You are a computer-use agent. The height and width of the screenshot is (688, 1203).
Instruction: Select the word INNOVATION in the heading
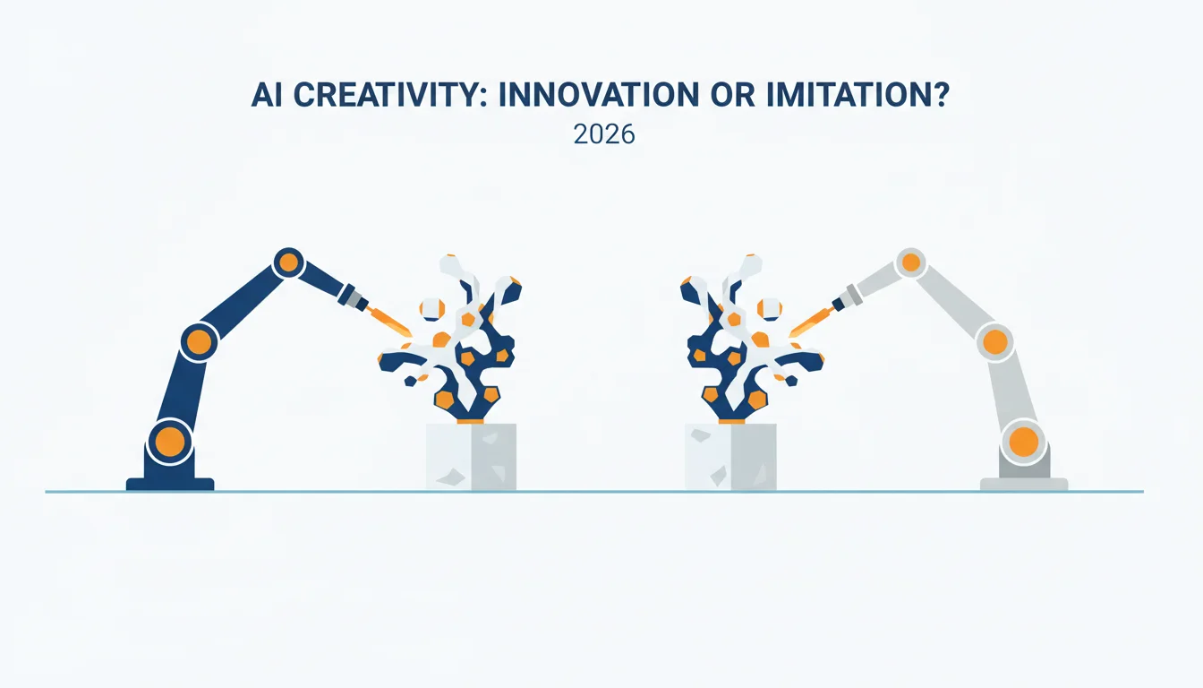coord(599,95)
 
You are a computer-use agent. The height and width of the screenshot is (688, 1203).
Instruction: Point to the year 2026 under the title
coord(604,134)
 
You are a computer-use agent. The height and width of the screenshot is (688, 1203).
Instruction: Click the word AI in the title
coord(267,95)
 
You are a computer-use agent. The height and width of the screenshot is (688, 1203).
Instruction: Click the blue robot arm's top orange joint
coord(289,262)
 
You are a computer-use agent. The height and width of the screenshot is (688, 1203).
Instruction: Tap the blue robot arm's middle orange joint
coord(199,341)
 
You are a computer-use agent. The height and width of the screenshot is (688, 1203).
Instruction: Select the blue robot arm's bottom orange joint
coord(170,441)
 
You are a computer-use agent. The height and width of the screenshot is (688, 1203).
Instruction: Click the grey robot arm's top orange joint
coord(911,262)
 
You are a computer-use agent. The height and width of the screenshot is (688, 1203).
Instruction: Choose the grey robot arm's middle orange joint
coord(994,341)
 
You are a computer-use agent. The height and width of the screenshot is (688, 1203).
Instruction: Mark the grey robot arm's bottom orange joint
coord(1024,442)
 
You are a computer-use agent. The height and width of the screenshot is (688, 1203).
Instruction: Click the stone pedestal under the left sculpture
coord(471,457)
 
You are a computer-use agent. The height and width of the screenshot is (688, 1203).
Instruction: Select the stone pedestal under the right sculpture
coord(730,457)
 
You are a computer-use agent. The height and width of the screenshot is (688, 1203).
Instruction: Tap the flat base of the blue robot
coord(170,484)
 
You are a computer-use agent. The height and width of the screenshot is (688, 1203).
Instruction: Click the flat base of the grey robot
coord(1024,484)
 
